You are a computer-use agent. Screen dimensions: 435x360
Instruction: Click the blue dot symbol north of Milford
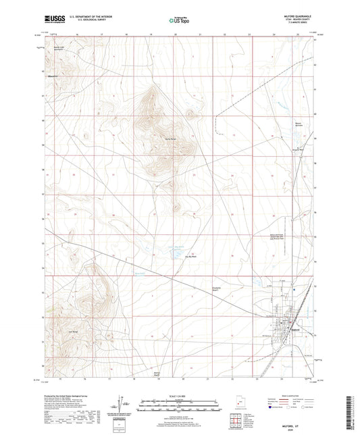pos(294,289)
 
